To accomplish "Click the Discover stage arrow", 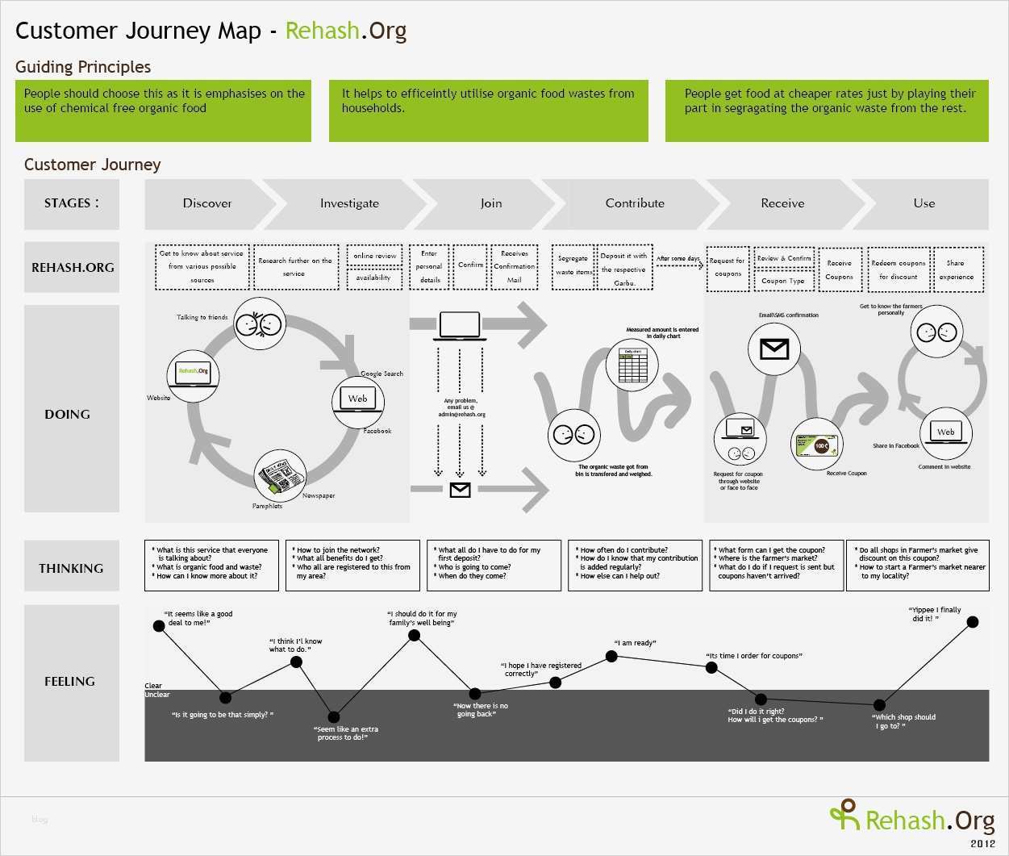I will point(207,203).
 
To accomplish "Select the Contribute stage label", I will point(635,203).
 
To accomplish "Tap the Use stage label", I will point(924,203).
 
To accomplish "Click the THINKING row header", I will point(71,568).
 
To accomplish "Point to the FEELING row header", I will point(71,682).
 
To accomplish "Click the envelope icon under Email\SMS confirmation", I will point(774,349).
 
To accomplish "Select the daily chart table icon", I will point(632,365).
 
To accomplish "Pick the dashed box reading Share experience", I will point(957,269).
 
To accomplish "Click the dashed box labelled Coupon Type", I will point(783,281).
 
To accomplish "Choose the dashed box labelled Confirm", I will point(470,266).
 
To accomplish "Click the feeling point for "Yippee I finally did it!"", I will point(973,621).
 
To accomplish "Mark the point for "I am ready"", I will point(611,657).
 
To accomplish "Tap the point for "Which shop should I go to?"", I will point(878,704).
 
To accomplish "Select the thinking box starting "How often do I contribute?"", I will point(635,566).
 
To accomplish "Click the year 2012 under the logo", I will point(982,843).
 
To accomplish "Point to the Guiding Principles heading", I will point(83,67).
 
